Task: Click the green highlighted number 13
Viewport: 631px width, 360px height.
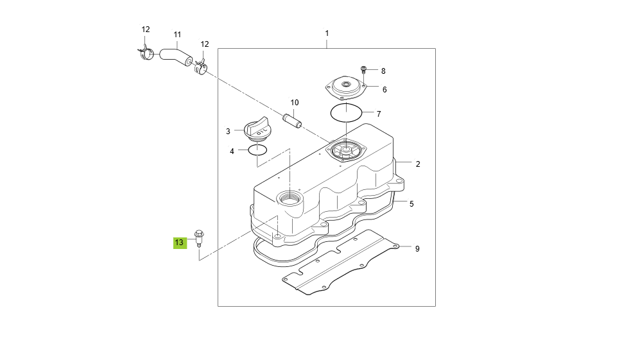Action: pyautogui.click(x=179, y=243)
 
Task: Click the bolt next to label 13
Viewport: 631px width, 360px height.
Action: pyautogui.click(x=200, y=237)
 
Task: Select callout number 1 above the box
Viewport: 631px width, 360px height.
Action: pyautogui.click(x=327, y=33)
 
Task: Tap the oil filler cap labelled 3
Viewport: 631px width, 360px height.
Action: pyautogui.click(x=258, y=129)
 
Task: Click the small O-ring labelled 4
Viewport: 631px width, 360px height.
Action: pyautogui.click(x=257, y=151)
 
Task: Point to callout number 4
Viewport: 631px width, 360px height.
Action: pyautogui.click(x=232, y=151)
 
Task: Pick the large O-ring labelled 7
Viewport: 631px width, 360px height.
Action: pyautogui.click(x=347, y=113)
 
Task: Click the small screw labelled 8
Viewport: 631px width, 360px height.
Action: pyautogui.click(x=364, y=69)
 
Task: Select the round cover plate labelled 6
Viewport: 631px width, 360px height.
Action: pyautogui.click(x=347, y=87)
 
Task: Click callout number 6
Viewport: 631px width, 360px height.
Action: pyautogui.click(x=384, y=90)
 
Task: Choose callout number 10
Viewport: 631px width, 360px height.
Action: pyautogui.click(x=295, y=103)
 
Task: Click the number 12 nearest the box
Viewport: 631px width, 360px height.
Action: pyautogui.click(x=205, y=44)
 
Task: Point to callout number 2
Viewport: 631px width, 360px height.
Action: pyautogui.click(x=417, y=164)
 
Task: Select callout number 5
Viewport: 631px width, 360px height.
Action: pyautogui.click(x=411, y=204)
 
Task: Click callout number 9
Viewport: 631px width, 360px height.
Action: pyautogui.click(x=417, y=248)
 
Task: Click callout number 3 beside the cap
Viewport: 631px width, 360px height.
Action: pyautogui.click(x=228, y=132)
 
